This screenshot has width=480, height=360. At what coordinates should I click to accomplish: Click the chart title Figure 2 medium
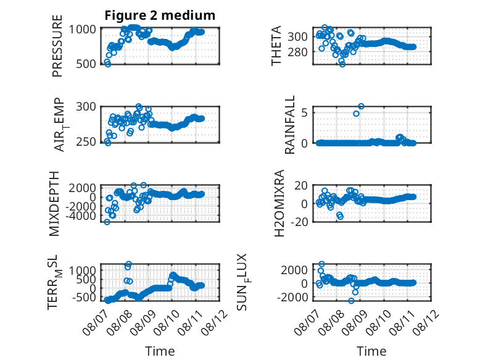(160, 15)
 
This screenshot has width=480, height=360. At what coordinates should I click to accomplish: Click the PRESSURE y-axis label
(57, 46)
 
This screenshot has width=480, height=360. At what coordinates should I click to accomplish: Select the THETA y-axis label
(276, 46)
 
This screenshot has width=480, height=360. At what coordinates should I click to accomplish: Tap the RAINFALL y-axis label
(289, 124)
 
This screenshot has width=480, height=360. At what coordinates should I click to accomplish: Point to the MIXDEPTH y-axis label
(54, 204)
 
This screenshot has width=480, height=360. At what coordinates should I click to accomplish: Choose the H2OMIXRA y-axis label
(279, 203)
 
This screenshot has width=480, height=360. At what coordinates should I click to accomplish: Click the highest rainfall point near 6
(361, 106)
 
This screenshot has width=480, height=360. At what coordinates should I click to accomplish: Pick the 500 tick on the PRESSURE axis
(86, 64)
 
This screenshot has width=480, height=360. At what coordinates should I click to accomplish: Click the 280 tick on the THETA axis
(297, 52)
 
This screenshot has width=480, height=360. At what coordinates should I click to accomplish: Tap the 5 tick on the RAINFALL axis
(304, 113)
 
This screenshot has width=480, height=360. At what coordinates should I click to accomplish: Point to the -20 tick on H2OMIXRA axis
(299, 222)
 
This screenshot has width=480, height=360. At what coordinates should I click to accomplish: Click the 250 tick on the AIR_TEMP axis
(86, 142)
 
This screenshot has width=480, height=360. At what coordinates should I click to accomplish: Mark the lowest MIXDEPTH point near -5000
(107, 222)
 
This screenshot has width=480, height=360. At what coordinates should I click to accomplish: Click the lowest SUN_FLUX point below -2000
(351, 301)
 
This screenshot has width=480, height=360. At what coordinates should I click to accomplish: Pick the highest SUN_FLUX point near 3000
(321, 264)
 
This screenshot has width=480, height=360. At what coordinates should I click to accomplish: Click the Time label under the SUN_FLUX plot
(371, 351)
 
